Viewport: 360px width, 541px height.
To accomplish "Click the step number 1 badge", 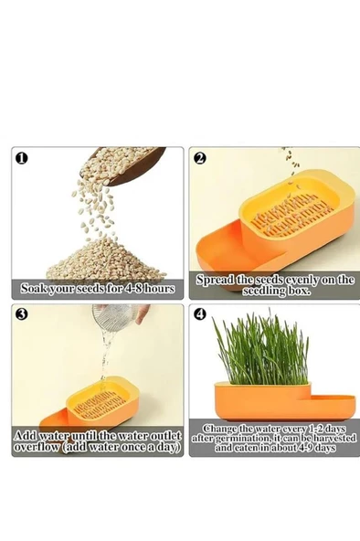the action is pyautogui.click(x=21, y=158).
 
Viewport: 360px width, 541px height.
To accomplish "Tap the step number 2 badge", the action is pyautogui.click(x=200, y=158).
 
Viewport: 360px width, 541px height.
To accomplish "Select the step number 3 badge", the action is pyautogui.click(x=21, y=314).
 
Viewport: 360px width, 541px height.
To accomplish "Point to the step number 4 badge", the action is pyautogui.click(x=200, y=314).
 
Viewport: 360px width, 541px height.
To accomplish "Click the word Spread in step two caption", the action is pyautogui.click(x=216, y=280).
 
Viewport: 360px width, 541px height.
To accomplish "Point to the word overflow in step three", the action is pyautogui.click(x=37, y=447).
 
